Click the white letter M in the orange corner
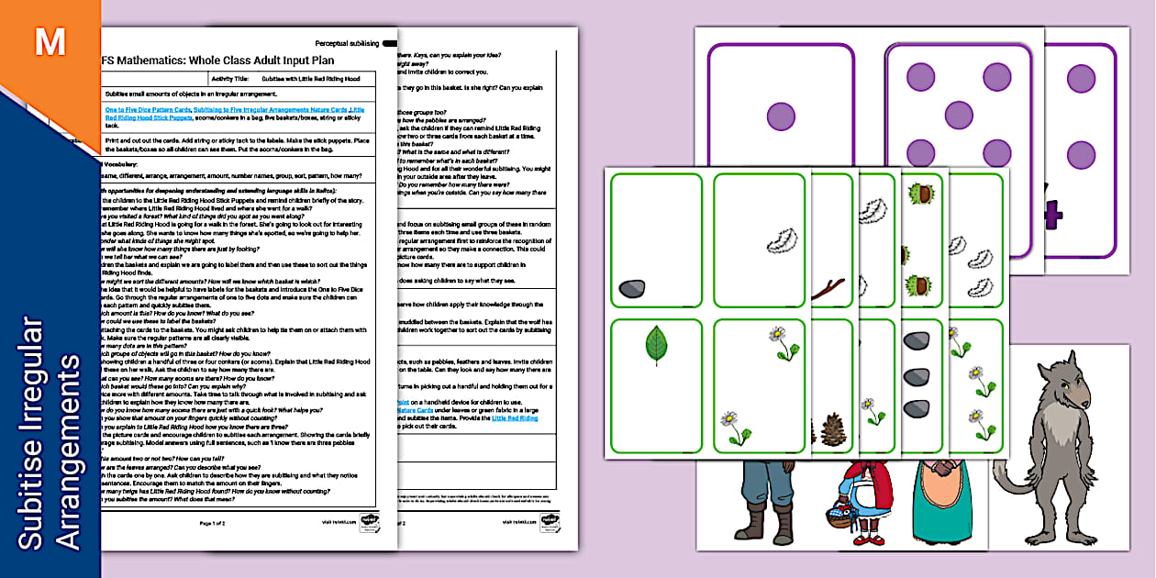pos(49,41)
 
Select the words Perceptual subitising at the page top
pos(348,43)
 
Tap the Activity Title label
pos(229,79)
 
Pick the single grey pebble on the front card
pos(632,289)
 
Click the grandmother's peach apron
pos(939,509)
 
